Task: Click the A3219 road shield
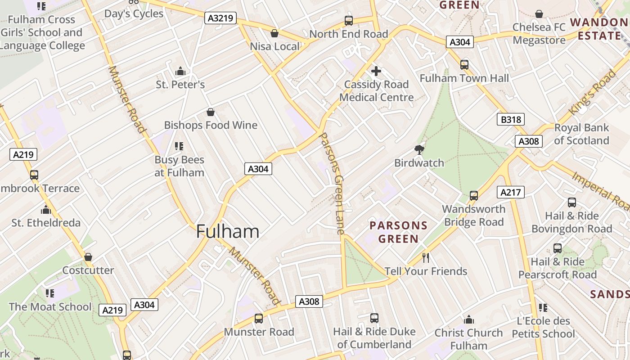[220, 18]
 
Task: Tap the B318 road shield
[511, 119]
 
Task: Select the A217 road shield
[511, 193]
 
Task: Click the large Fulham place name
[228, 231]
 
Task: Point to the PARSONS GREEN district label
[398, 232]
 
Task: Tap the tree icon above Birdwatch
[419, 149]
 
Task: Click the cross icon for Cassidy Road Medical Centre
[376, 71]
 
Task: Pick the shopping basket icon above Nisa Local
[274, 33]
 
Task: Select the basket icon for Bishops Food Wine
[210, 112]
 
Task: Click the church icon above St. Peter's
[180, 71]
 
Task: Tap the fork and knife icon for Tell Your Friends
[426, 258]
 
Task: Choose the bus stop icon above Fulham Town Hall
[464, 65]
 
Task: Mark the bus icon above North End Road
[349, 21]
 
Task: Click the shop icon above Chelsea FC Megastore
[539, 14]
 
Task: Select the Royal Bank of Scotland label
[581, 134]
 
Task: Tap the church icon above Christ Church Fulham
[468, 319]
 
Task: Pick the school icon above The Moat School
[50, 293]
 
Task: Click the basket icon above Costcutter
[88, 257]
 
